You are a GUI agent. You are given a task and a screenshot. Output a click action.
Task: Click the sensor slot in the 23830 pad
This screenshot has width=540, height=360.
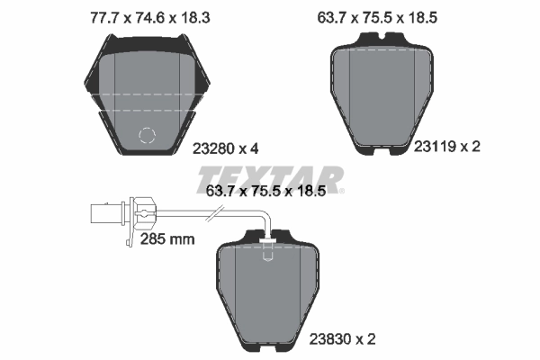267,256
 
